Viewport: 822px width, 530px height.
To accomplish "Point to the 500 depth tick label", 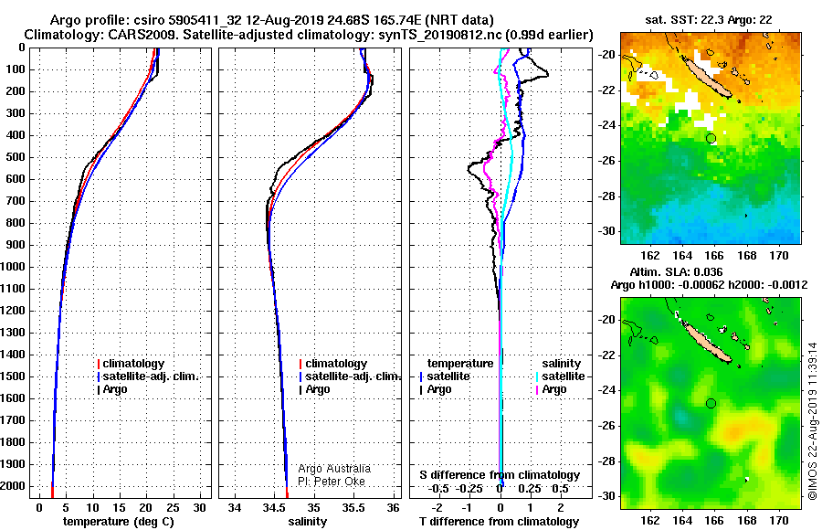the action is (16, 157).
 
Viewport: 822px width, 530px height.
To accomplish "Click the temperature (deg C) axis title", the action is (119, 521).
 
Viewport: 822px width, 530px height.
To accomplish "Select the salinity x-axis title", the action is (307, 521).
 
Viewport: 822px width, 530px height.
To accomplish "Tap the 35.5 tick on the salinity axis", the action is (353, 507).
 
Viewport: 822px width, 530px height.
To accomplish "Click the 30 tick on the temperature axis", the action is (199, 507).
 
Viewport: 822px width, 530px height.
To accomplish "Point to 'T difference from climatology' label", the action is (499, 521).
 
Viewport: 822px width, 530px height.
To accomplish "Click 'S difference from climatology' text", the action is (500, 475).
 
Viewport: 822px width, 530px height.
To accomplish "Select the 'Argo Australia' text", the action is (334, 469).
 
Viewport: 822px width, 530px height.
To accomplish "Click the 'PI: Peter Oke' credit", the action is (332, 482).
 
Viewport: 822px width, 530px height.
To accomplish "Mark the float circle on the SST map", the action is (711, 139).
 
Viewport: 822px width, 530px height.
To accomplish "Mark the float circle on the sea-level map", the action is (711, 403).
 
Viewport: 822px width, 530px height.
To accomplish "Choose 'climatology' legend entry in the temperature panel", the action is (131, 364).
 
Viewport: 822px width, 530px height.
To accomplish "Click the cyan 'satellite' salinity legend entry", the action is (561, 376).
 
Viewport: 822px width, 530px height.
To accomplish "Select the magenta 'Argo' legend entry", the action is (551, 389).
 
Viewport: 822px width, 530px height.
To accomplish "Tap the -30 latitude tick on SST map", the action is (607, 231).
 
